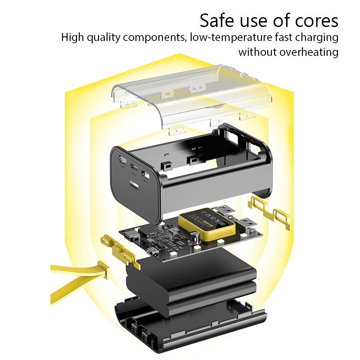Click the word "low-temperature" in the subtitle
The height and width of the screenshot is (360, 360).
click(x=227, y=37)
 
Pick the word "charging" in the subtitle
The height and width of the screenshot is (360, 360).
click(x=315, y=37)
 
